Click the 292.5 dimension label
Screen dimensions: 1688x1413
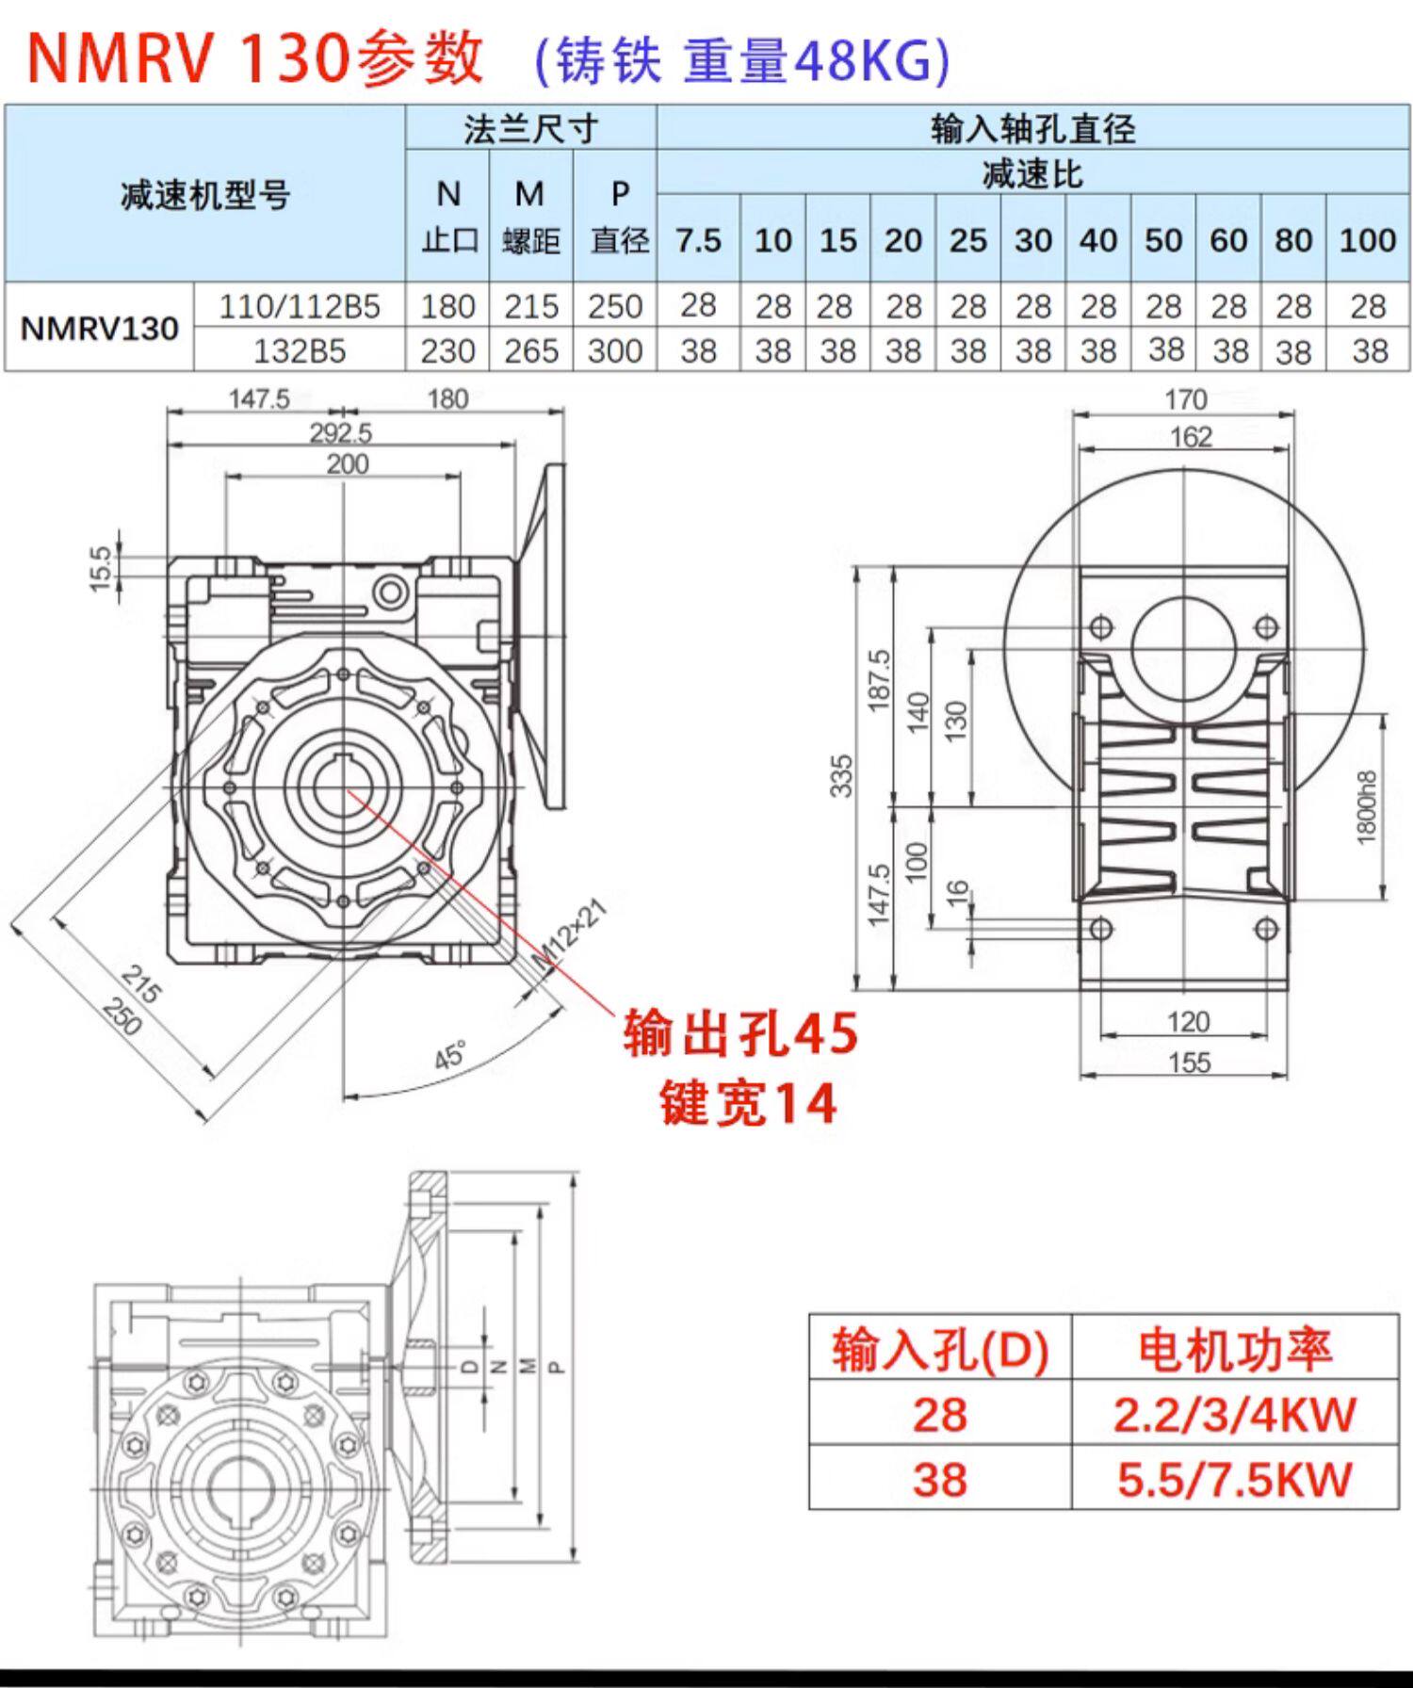pos(340,432)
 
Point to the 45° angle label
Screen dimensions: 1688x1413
pos(450,1055)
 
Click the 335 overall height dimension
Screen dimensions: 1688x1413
pos(841,775)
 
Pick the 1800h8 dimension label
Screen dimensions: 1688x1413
pos(1368,807)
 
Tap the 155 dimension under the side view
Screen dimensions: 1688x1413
pos(1188,1063)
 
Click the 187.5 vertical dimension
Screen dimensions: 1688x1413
pos(878,680)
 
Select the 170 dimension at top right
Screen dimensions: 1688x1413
pos(1185,399)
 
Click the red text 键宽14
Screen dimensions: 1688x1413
pos(748,1103)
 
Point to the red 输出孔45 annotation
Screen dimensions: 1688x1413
pos(740,1033)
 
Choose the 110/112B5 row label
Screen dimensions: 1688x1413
pos(299,306)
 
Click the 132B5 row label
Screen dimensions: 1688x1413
pos(299,350)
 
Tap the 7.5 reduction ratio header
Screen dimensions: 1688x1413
pos(698,240)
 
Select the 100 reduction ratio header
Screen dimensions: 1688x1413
pos(1367,240)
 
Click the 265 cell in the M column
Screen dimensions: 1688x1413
pos(530,350)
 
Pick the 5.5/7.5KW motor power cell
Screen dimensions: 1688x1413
pos(1234,1479)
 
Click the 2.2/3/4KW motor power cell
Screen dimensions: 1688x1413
pos(1234,1414)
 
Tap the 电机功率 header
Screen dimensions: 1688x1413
pos(1234,1349)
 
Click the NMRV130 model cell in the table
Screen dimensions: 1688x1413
pos(100,328)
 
